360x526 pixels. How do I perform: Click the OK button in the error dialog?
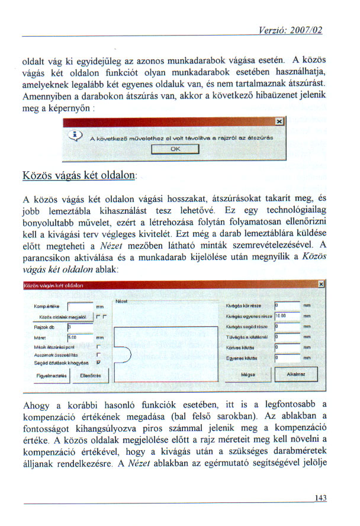[x=175, y=149]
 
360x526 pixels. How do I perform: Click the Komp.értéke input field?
[x=80, y=307]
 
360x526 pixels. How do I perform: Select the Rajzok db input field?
[x=80, y=326]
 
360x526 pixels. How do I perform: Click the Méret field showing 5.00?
[x=80, y=336]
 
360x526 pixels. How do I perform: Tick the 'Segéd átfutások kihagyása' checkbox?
[x=98, y=362]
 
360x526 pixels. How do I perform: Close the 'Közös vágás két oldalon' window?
[x=320, y=285]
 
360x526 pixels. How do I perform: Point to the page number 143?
[x=321, y=498]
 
